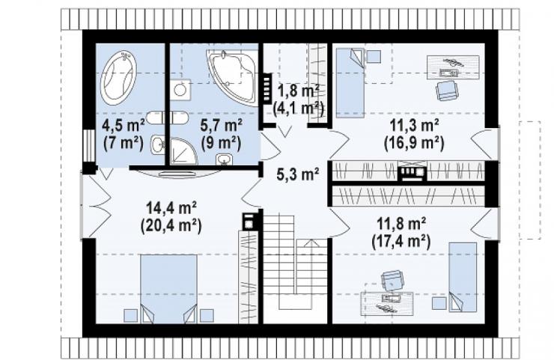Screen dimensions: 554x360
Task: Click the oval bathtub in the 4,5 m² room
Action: click(x=119, y=77)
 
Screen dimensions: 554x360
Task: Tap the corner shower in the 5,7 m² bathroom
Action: click(x=183, y=152)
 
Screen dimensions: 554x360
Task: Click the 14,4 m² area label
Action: click(x=171, y=208)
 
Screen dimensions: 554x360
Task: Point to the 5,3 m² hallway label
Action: click(x=298, y=174)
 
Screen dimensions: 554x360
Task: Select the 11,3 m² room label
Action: click(x=415, y=126)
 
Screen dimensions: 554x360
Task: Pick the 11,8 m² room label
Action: click(x=401, y=223)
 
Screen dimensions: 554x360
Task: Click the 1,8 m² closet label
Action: click(x=299, y=91)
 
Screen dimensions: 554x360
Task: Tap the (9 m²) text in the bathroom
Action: click(x=221, y=143)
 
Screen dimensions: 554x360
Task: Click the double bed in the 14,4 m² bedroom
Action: click(x=168, y=288)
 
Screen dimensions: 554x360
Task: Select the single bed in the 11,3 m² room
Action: click(x=350, y=82)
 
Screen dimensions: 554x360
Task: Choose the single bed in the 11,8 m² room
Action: click(x=463, y=278)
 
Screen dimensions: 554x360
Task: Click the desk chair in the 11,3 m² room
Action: click(x=447, y=91)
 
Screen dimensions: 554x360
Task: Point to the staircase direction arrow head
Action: click(x=311, y=242)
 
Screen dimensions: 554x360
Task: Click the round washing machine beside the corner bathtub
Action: click(x=180, y=90)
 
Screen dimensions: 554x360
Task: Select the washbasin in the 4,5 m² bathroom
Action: click(x=157, y=144)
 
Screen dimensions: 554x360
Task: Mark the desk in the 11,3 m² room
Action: click(x=453, y=67)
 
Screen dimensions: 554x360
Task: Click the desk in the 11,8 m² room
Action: click(x=387, y=303)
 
